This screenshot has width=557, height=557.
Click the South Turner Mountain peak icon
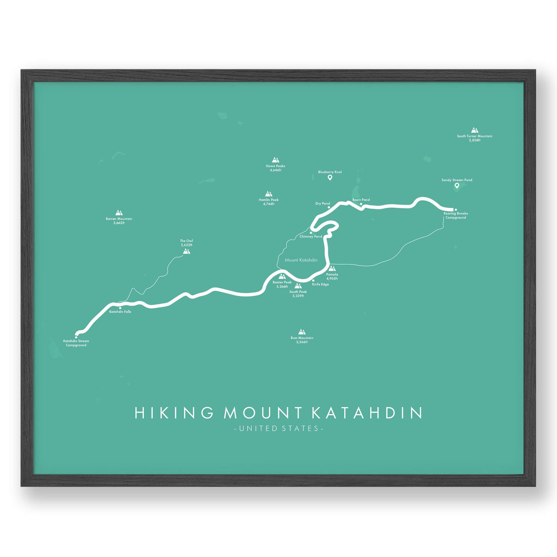[475, 130]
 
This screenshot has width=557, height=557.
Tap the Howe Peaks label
[275, 166]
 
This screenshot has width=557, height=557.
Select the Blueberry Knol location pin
[330, 178]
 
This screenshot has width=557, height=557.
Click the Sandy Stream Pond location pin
[457, 186]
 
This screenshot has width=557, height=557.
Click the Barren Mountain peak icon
[119, 213]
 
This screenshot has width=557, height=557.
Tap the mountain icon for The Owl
[186, 251]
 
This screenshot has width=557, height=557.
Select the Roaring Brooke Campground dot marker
[456, 210]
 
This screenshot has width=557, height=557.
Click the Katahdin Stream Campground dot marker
[76, 337]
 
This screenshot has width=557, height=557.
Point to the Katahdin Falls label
[120, 312]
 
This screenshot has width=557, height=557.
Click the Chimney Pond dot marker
[311, 233]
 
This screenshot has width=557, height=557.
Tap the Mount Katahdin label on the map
[301, 260]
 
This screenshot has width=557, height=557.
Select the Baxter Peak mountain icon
[282, 276]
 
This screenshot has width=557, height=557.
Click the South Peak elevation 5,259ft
[298, 296]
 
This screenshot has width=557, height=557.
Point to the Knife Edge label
[320, 284]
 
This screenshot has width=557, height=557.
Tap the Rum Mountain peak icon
[302, 332]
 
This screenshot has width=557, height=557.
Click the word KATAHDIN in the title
[367, 413]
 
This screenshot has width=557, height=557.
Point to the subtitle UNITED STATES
[278, 428]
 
